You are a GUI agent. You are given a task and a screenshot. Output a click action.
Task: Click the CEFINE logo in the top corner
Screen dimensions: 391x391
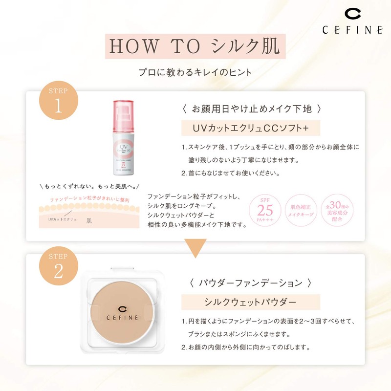[352, 22]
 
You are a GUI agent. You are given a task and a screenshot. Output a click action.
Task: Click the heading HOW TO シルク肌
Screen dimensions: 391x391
[195, 46]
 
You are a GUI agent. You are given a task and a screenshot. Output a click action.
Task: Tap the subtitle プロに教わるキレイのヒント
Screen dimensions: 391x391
[195, 72]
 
